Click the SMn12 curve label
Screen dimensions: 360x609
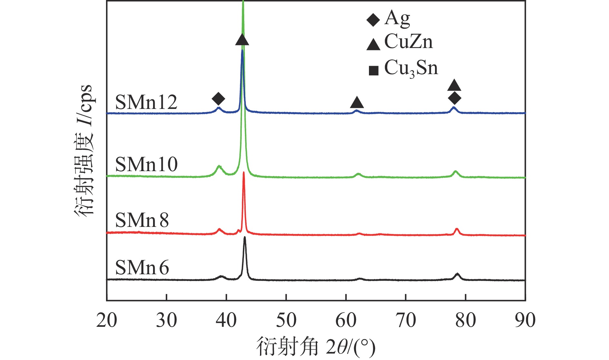point(146,102)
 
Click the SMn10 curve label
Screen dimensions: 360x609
point(146,164)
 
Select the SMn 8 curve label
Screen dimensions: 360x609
point(142,220)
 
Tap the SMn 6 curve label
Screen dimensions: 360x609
point(142,268)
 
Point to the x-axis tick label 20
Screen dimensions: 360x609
point(107,320)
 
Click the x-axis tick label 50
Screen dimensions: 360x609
point(286,320)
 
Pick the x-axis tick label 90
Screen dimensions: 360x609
point(525,320)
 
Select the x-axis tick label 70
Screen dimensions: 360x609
point(406,320)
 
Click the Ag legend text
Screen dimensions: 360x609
point(397,18)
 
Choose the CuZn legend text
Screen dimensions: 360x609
point(408,42)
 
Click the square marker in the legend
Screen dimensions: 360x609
point(373,71)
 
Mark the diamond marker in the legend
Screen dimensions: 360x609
point(373,20)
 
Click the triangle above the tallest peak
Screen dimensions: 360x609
point(242,40)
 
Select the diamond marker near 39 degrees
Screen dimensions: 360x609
point(218,98)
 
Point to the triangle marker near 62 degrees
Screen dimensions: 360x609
point(357,102)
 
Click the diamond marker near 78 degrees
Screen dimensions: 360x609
point(454,98)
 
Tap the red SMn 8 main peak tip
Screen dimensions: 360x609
point(244,173)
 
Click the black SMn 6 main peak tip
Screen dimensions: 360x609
point(245,238)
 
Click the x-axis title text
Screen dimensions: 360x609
point(316,347)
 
